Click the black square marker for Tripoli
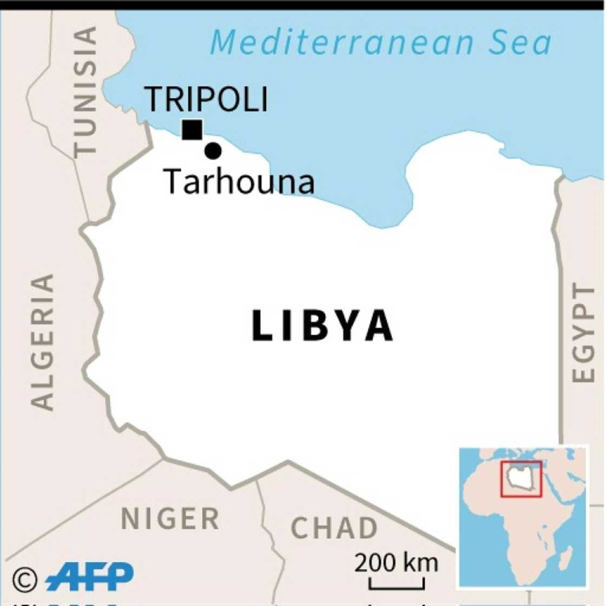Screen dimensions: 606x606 pyautogui.click(x=192, y=130)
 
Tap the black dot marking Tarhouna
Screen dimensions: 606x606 pyautogui.click(x=213, y=151)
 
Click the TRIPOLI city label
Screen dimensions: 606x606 pyautogui.click(x=207, y=99)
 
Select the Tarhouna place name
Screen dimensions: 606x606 pyautogui.click(x=239, y=181)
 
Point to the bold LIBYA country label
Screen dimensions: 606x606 pyautogui.click(x=322, y=326)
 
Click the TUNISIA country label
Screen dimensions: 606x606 pyautogui.click(x=86, y=92)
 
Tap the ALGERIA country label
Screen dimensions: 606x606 pyautogui.click(x=43, y=342)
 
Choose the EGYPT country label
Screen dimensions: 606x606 pyautogui.click(x=584, y=333)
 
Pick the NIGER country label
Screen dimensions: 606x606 pyautogui.click(x=170, y=519)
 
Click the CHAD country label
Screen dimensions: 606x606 pyautogui.click(x=334, y=528)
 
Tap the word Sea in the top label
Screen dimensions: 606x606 pyautogui.click(x=520, y=42)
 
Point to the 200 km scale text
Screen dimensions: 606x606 pyautogui.click(x=396, y=563)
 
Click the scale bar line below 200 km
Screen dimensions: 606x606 pyautogui.click(x=397, y=587)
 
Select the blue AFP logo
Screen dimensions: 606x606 pyautogui.click(x=90, y=577)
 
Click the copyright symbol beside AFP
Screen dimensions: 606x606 pyautogui.click(x=24, y=580)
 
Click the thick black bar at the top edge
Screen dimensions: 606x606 pyautogui.click(x=303, y=5)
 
